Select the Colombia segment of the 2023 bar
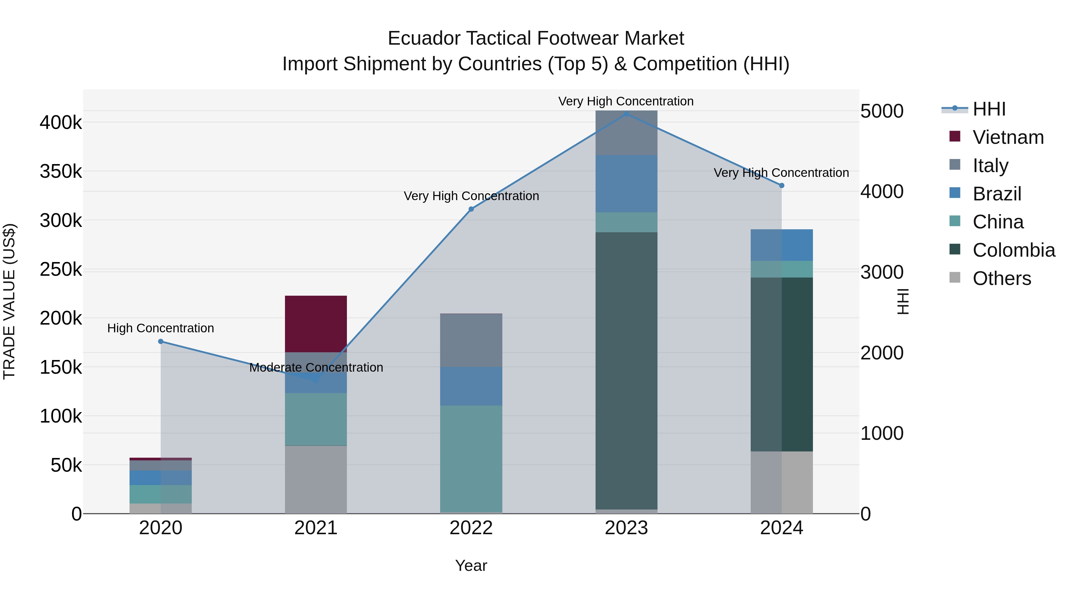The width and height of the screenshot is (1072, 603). point(626,370)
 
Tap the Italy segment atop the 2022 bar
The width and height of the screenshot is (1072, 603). point(471,340)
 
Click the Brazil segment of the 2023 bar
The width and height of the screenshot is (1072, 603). point(626,183)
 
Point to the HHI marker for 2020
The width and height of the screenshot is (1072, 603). point(161,342)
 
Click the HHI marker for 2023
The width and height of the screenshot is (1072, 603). point(626,113)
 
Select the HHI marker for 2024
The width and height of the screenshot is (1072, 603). point(782,186)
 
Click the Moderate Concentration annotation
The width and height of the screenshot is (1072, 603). point(316,367)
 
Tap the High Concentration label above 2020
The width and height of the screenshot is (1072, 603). point(161,328)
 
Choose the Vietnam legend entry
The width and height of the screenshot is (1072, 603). point(1008,137)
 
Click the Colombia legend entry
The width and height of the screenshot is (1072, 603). point(1013,250)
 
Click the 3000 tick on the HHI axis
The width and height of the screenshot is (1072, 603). point(881,272)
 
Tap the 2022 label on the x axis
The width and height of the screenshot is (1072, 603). point(471,528)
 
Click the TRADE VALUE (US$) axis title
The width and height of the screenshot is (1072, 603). point(9,301)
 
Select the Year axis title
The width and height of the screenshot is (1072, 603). point(471,565)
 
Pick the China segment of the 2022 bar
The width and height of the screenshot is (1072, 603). point(471,458)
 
